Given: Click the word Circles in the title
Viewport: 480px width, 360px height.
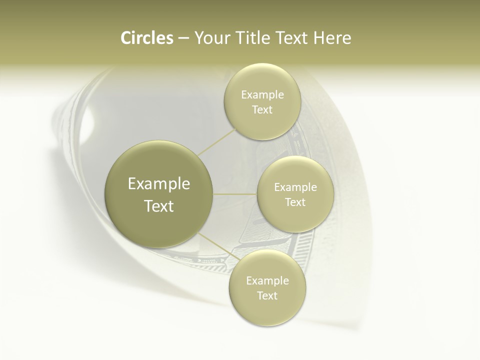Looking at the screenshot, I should (147, 38).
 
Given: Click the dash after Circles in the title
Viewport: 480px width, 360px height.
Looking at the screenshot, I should (183, 38).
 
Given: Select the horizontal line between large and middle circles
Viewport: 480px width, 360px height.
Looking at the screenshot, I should (234, 194).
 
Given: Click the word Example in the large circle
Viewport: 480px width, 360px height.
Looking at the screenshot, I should (159, 184).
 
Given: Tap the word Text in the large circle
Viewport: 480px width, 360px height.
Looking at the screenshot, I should (159, 206).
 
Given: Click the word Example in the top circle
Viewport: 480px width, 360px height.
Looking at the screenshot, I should (262, 95).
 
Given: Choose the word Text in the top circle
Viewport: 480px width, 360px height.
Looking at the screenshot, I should (262, 109).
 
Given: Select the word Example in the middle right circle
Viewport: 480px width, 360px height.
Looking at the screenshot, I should (295, 187).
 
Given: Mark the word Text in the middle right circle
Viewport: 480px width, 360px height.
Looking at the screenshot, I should (295, 202).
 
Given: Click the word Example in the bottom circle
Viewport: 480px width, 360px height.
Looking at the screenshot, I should (267, 281).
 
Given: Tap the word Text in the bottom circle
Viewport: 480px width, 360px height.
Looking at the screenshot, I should (267, 295).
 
